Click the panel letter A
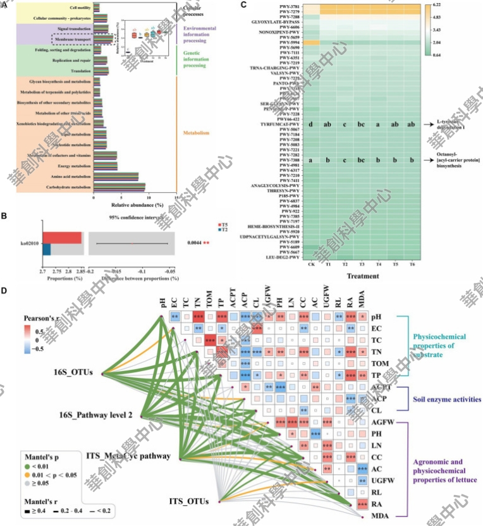tap(5, 6)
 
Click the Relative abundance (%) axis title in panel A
tap(135, 205)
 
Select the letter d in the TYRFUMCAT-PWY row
tap(311, 125)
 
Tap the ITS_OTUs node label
tap(188, 501)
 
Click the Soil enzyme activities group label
tap(442, 400)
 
